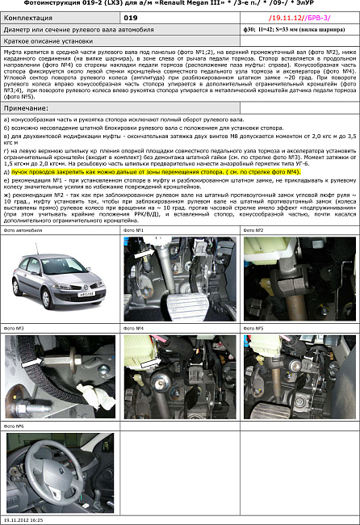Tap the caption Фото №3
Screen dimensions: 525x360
coord(15,329)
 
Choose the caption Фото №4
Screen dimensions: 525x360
coord(133,329)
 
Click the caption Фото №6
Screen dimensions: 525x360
coord(15,426)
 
